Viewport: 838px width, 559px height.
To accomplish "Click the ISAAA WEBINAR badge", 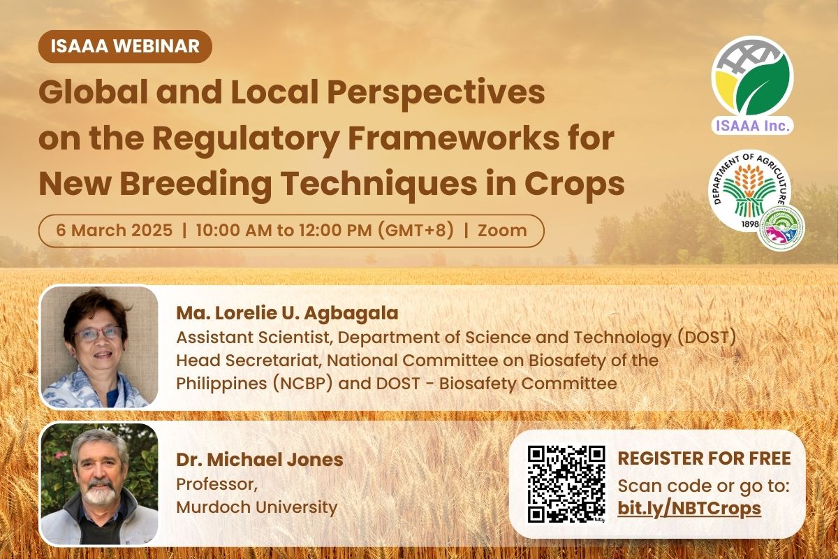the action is click(125, 46).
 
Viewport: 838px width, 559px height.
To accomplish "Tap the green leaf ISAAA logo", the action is click(752, 81).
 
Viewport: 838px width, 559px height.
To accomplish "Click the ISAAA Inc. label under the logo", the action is click(752, 126).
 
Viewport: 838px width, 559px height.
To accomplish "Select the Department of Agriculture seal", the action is click(750, 190).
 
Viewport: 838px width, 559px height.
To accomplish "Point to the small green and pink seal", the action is click(781, 228).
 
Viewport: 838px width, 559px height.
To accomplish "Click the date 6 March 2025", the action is click(115, 230).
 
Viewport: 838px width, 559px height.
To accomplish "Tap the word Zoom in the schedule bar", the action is click(502, 231).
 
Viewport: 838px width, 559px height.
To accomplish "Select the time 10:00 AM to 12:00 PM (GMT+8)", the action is click(325, 231).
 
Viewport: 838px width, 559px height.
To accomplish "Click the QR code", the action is click(566, 484).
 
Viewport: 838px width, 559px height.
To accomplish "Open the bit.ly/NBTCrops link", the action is click(689, 508).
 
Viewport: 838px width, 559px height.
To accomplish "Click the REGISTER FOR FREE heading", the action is click(705, 458).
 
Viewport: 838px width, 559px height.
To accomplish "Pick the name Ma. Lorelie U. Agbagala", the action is click(287, 313).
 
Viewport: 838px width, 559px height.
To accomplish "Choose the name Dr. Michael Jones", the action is click(260, 460).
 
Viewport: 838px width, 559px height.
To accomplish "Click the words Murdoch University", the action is click(257, 507).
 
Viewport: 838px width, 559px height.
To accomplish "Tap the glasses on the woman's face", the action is click(98, 333).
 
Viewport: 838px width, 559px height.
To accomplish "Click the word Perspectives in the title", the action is click(436, 94).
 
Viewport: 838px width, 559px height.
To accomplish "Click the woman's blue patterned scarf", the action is click(94, 389).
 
